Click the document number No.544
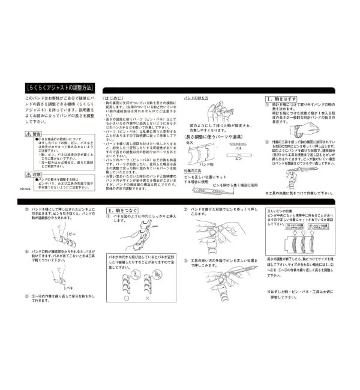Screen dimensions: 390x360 tap(25, 188)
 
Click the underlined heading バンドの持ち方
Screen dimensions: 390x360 tap(196, 97)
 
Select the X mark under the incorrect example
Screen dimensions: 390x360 tap(148, 298)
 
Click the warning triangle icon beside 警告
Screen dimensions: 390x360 tap(22, 134)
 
